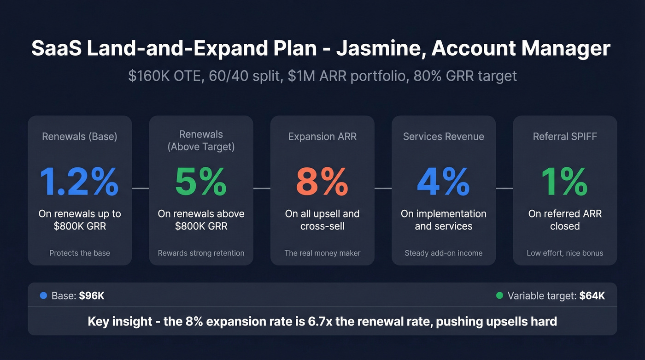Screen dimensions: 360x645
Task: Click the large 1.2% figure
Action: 79,182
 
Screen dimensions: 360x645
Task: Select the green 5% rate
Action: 201,182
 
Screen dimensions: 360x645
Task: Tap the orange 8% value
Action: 322,182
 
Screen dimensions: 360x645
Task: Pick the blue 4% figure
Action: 443,182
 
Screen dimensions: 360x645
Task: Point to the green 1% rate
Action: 564,182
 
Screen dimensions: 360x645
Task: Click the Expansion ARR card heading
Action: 322,136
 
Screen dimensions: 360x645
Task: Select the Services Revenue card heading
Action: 443,136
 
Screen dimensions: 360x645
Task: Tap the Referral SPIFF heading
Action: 564,136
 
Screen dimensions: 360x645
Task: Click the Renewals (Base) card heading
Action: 79,136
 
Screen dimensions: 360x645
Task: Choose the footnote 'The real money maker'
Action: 322,253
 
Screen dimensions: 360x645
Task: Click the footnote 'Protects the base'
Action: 79,253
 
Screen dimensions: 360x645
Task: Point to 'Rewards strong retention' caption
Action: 201,253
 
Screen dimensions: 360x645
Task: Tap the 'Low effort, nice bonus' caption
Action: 564,253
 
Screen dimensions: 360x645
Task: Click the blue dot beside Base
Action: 43,295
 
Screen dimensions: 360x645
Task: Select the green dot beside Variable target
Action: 499,295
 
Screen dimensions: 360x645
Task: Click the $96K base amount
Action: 92,296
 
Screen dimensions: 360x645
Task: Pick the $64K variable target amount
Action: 592,296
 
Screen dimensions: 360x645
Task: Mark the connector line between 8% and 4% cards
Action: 383,188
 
